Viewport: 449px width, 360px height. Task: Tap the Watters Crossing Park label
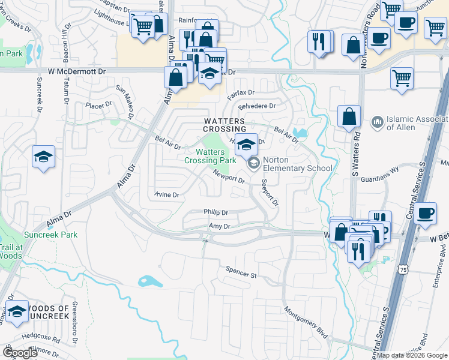tap(210, 156)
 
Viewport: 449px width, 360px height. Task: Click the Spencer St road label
tap(241, 272)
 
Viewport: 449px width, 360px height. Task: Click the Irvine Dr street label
tap(166, 195)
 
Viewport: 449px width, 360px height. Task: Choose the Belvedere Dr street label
tap(256, 106)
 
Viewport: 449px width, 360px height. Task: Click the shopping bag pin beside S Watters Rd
tap(349, 116)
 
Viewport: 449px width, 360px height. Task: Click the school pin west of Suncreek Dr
tap(43, 157)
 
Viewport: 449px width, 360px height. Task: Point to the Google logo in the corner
tap(20, 353)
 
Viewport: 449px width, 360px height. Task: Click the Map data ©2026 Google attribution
tap(412, 355)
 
